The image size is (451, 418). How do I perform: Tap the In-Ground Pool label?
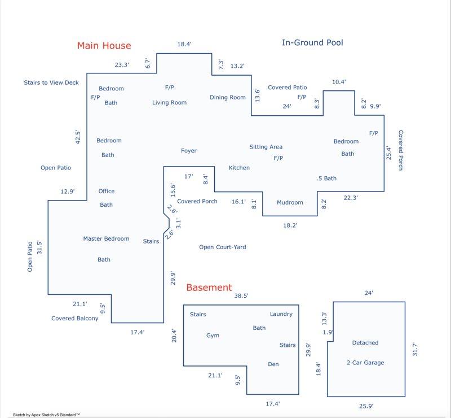point(312,42)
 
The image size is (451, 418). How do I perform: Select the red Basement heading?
point(209,288)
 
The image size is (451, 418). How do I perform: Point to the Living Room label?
point(169,102)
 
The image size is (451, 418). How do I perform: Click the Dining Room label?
point(228,97)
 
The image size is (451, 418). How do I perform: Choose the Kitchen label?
point(239,168)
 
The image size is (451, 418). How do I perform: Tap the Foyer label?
point(189,151)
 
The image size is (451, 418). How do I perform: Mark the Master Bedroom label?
point(106,238)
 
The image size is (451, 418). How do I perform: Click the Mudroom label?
point(290,202)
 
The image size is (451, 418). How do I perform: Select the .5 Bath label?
point(326,178)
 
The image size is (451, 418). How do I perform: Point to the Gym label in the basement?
point(213,336)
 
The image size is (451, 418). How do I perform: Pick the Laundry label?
point(281,314)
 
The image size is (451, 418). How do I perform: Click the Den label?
point(273,364)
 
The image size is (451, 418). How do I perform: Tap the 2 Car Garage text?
point(365,363)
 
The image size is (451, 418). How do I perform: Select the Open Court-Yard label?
point(223,247)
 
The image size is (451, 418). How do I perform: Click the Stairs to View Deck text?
point(51,82)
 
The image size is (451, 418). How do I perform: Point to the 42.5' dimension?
point(78,137)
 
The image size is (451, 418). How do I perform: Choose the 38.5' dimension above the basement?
point(241,295)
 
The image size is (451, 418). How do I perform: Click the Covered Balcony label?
point(75,318)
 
